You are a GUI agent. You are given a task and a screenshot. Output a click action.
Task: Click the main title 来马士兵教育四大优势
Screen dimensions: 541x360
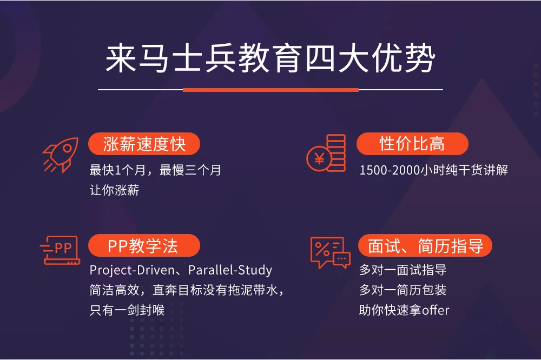pos(270,58)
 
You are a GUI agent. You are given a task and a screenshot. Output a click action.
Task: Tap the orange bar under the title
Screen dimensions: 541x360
pos(270,90)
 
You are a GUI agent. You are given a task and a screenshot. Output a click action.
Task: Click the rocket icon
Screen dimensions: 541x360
pos(61,155)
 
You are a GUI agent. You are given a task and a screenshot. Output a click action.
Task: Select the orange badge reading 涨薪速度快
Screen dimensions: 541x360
pos(144,144)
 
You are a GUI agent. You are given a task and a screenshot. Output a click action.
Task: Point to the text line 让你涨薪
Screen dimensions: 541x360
pos(114,190)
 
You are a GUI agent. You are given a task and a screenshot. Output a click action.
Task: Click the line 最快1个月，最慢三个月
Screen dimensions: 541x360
pos(155,170)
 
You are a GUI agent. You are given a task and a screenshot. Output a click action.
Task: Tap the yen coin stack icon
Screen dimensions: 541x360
pos(326,153)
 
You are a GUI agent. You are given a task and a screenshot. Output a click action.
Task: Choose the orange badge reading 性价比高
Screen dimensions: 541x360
pos(412,144)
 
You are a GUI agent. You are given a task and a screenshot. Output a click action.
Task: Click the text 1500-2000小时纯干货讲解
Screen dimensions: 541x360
pos(434,170)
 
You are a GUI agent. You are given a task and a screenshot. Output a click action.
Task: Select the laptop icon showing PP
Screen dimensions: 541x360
pos(60,250)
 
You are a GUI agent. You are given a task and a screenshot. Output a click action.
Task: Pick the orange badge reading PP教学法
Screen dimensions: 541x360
pos(144,245)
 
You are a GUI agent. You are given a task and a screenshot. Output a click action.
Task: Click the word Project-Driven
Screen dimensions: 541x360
pos(132,270)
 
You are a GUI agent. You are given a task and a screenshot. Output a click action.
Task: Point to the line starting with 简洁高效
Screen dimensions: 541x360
pos(186,290)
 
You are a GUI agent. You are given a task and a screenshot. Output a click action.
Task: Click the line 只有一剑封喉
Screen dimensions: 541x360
pos(127,310)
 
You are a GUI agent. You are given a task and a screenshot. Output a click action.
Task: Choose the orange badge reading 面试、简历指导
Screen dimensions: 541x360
pos(425,245)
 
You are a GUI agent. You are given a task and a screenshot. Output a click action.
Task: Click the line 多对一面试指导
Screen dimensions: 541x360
pos(403,270)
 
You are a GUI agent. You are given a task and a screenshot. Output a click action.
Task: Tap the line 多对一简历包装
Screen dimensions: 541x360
pos(403,290)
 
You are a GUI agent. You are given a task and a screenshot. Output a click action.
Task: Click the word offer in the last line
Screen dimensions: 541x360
pos(436,310)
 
